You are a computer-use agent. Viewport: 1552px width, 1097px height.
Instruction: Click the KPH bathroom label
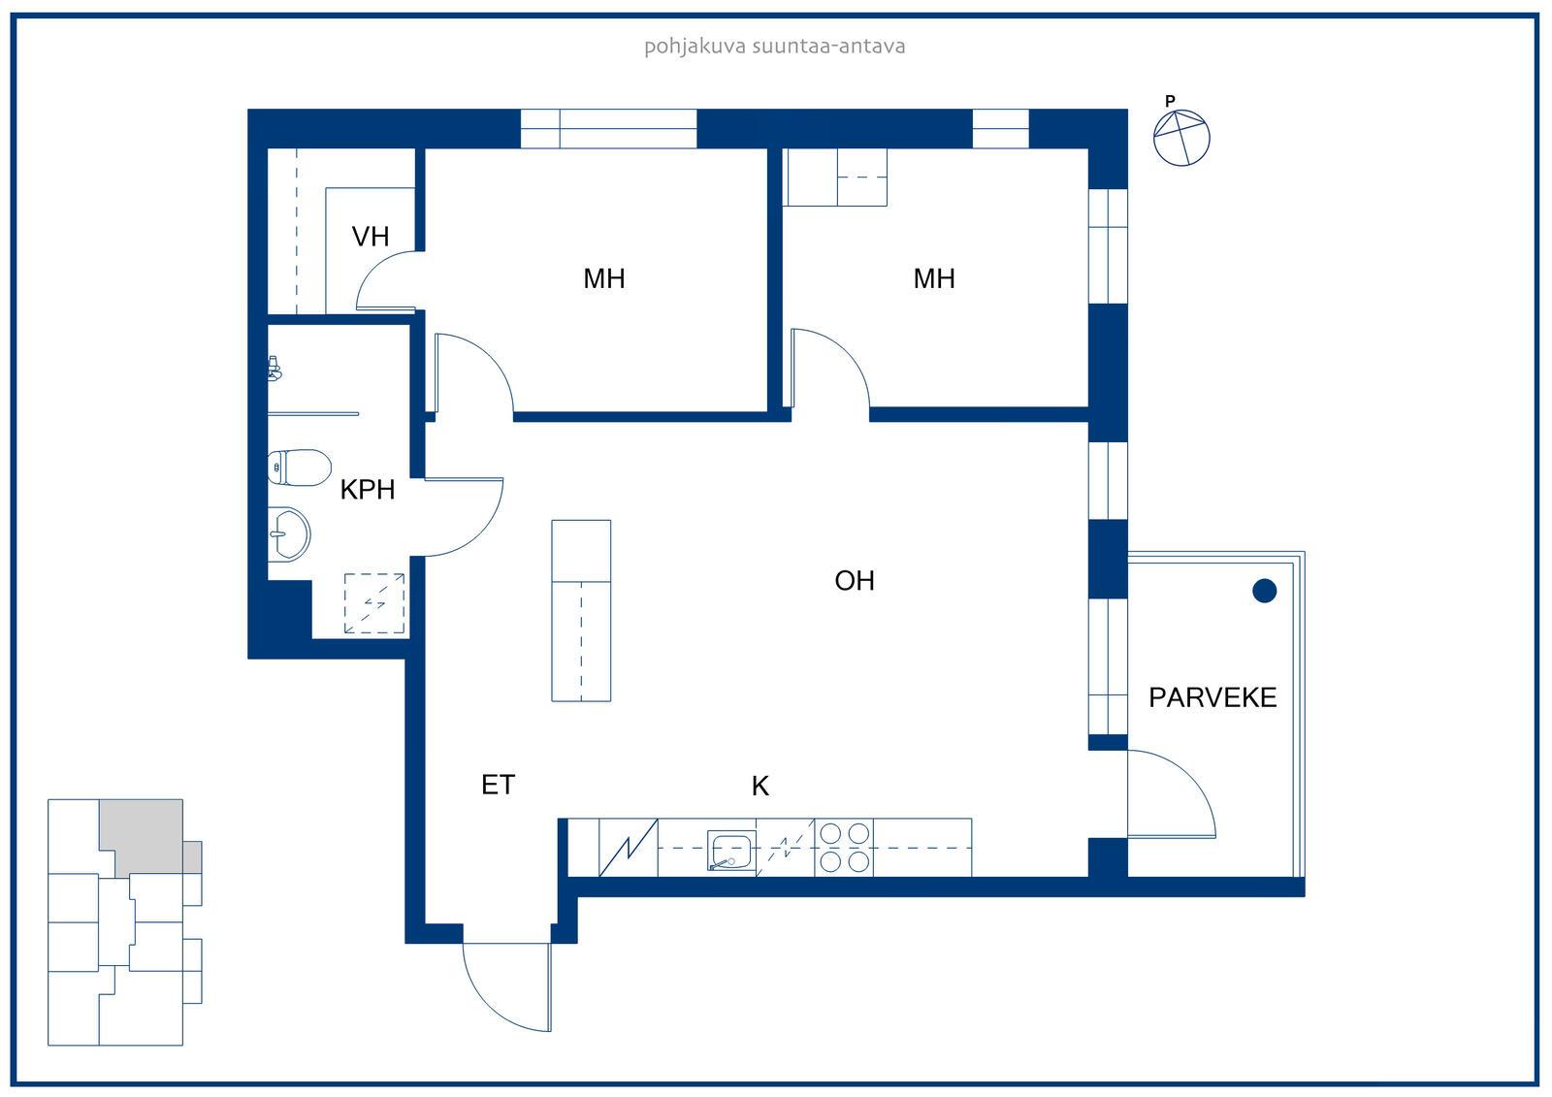tap(368, 490)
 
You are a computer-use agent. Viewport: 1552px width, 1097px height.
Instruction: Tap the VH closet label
tap(370, 237)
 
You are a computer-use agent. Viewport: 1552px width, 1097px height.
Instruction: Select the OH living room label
tap(855, 581)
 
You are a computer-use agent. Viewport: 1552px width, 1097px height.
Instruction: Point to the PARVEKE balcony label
tap(1212, 697)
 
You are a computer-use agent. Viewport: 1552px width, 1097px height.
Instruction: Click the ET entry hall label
tap(499, 785)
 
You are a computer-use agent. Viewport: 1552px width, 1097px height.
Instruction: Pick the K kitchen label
tap(760, 786)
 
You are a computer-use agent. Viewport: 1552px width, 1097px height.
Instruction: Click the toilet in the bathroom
tap(300, 468)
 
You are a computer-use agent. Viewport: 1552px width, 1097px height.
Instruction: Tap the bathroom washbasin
tap(289, 533)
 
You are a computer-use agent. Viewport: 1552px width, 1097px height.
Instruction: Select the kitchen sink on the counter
tap(731, 851)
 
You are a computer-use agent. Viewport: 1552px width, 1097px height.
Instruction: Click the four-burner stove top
tap(844, 847)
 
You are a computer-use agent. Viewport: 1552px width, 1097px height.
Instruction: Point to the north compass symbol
tap(1181, 138)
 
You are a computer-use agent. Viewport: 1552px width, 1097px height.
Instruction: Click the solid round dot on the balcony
tap(1265, 591)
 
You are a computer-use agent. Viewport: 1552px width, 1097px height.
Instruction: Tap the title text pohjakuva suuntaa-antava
tap(775, 47)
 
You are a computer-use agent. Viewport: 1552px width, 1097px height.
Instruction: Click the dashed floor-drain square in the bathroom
tap(374, 603)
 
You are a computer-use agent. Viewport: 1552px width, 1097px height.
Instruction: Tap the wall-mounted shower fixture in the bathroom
tap(275, 369)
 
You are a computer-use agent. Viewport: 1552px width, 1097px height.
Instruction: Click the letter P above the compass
tap(1170, 101)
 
